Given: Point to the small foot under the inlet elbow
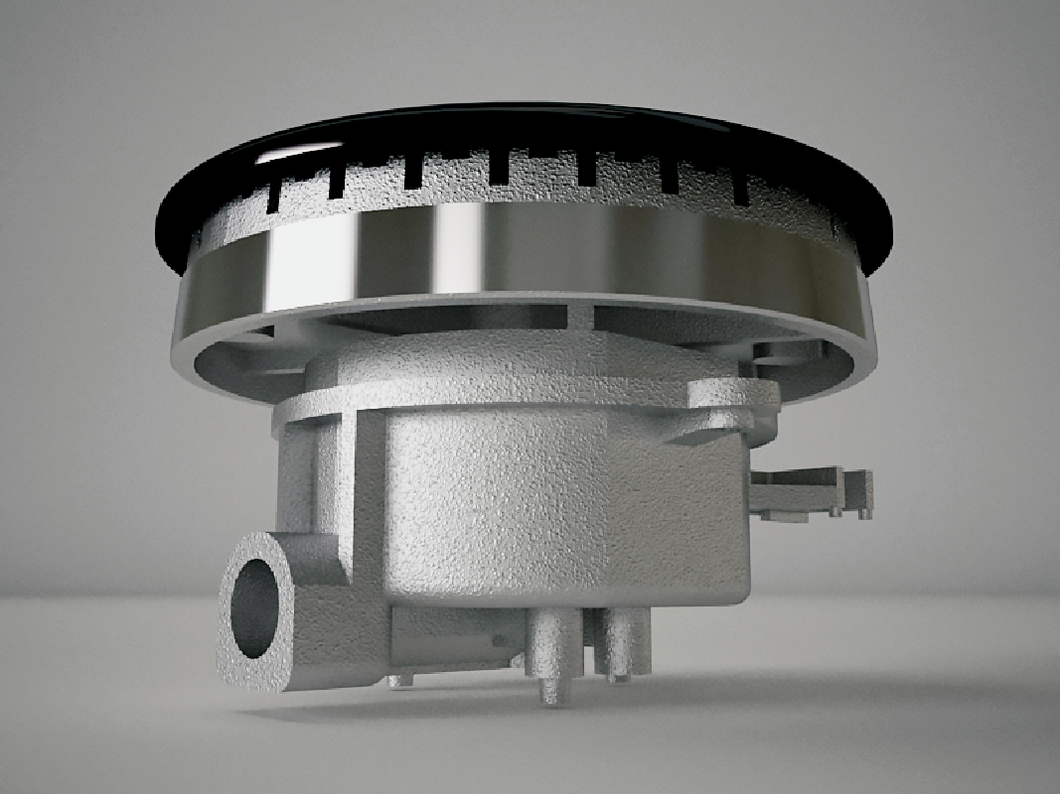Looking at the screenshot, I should pos(399,680).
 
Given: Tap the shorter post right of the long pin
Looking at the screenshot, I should pos(621,645).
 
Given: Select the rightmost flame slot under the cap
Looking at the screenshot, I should pos(740,189).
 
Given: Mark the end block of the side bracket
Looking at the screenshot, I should pos(858,492).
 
